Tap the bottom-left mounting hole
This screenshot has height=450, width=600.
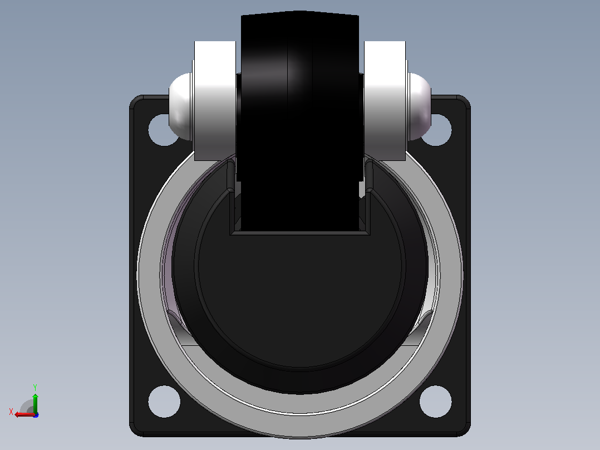[164, 402]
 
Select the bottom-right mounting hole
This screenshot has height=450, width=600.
[435, 402]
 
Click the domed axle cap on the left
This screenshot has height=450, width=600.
[180, 106]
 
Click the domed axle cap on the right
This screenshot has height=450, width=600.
[420, 106]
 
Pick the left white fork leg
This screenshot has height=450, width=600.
[215, 101]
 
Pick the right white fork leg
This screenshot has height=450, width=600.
[385, 101]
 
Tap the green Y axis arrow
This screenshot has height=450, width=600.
[35, 402]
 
